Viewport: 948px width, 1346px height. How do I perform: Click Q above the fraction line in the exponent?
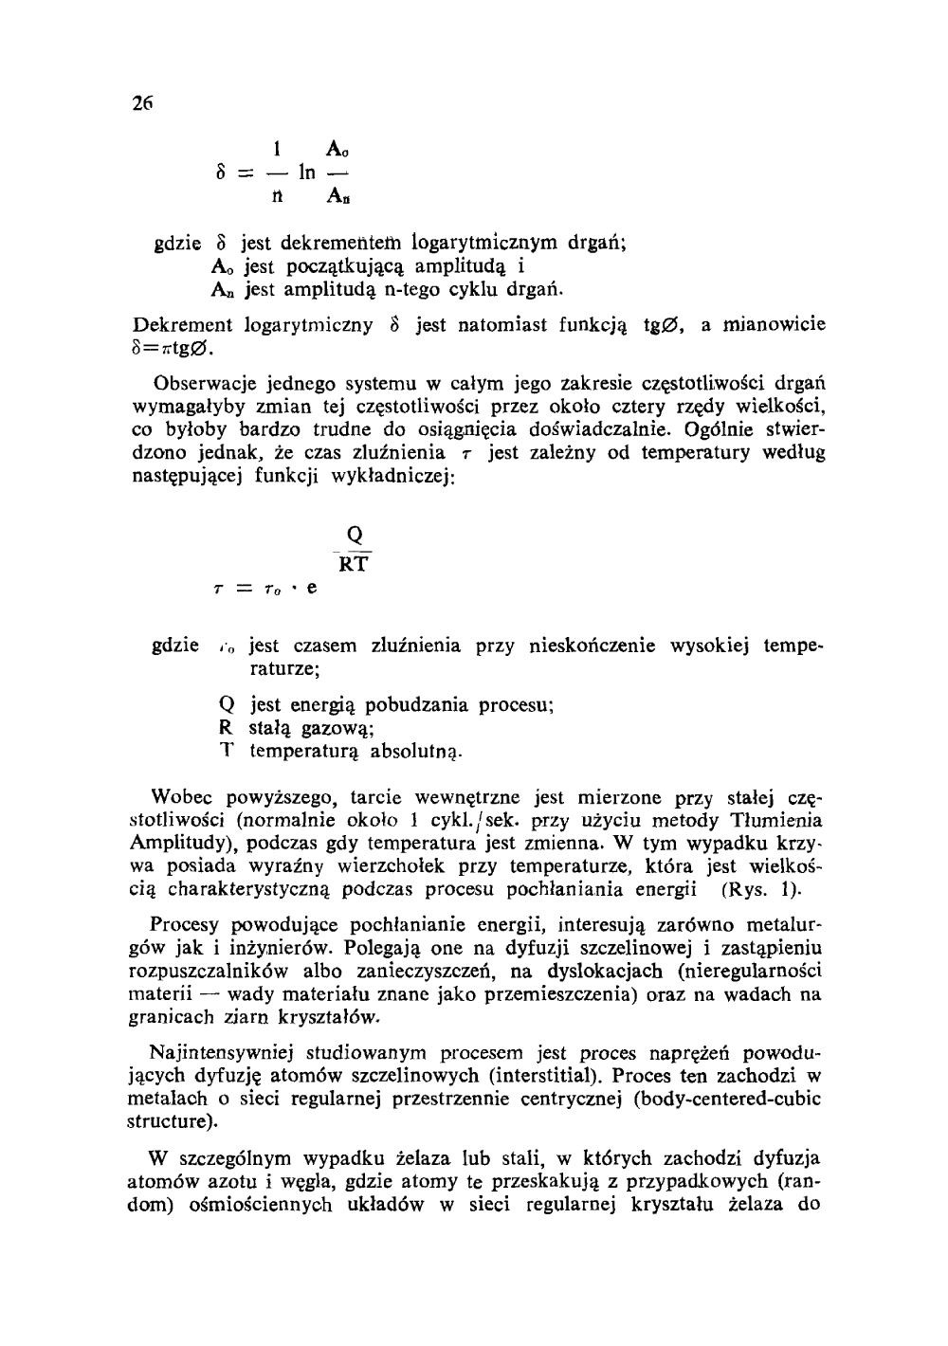tap(355, 533)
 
